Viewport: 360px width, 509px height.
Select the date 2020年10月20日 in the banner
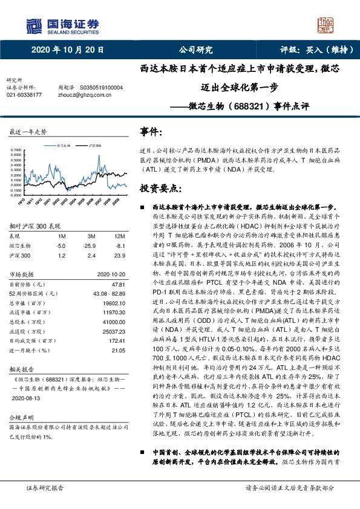(67, 50)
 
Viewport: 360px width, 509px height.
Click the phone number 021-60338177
(24, 95)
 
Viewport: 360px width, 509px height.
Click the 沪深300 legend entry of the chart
(94, 145)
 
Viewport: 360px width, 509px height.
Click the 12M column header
(119, 235)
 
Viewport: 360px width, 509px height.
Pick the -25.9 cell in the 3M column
(91, 245)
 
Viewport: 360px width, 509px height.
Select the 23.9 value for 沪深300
(120, 256)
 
